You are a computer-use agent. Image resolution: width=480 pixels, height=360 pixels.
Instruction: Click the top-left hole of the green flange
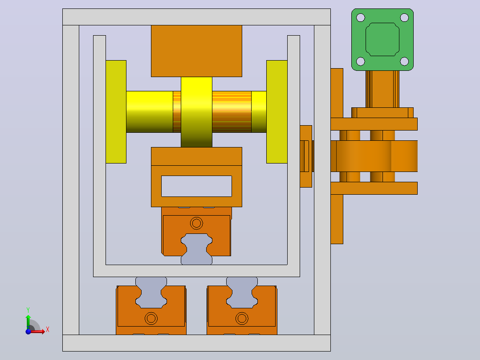(361, 18)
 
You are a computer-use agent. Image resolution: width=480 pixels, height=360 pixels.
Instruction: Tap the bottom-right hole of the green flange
(404, 61)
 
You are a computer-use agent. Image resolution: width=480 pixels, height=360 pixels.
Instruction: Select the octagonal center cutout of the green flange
(382, 40)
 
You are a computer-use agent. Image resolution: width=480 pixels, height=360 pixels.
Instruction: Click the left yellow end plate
(116, 112)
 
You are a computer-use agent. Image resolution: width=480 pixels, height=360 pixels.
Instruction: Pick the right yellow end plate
(277, 112)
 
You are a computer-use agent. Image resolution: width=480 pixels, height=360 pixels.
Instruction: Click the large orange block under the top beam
(196, 51)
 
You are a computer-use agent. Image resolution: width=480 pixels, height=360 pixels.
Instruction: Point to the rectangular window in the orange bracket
(196, 186)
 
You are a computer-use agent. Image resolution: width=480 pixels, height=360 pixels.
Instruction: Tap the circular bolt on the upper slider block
(196, 223)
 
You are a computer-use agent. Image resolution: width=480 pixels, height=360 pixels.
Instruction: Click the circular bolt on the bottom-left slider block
(151, 319)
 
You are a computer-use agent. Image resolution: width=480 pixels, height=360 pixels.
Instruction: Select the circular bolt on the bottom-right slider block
(242, 319)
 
